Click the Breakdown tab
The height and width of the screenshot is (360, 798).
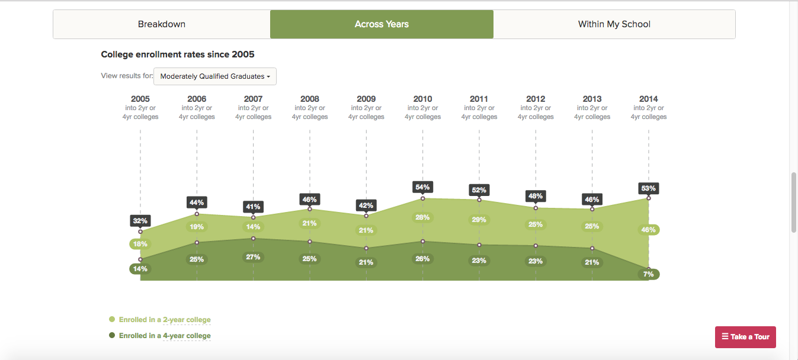pos(162,24)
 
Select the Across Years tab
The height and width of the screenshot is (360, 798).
pos(382,24)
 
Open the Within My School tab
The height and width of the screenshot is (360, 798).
pos(614,24)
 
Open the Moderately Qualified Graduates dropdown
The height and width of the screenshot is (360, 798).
pos(215,76)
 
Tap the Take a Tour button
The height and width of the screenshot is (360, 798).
pos(745,337)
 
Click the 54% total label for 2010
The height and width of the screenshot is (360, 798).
pos(422,187)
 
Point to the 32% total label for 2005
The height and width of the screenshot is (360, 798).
pos(140,221)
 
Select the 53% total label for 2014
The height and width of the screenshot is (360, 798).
pos(648,188)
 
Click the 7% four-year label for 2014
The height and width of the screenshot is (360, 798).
pos(648,274)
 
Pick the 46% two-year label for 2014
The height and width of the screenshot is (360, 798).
pos(648,230)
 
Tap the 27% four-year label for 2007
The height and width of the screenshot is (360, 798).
pos(253,257)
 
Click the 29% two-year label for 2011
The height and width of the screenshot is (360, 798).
pos(479,220)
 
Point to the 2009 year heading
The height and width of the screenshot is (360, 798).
pos(366,99)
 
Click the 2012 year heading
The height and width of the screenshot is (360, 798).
pos(536,99)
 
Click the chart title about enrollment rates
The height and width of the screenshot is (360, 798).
pos(177,54)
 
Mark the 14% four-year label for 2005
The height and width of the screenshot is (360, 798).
pos(140,269)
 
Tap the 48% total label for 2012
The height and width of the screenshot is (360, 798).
pos(536,196)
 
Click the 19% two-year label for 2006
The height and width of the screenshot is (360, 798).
pos(197,227)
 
